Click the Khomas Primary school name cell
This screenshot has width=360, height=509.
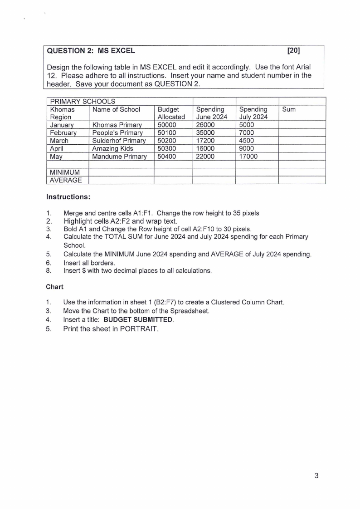point(117,125)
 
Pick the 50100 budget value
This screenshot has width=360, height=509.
point(167,132)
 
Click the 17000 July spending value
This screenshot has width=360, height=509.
point(248,157)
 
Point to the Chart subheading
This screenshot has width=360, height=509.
point(55,287)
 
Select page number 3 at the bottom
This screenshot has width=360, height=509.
point(316,476)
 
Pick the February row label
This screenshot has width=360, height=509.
point(63,132)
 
